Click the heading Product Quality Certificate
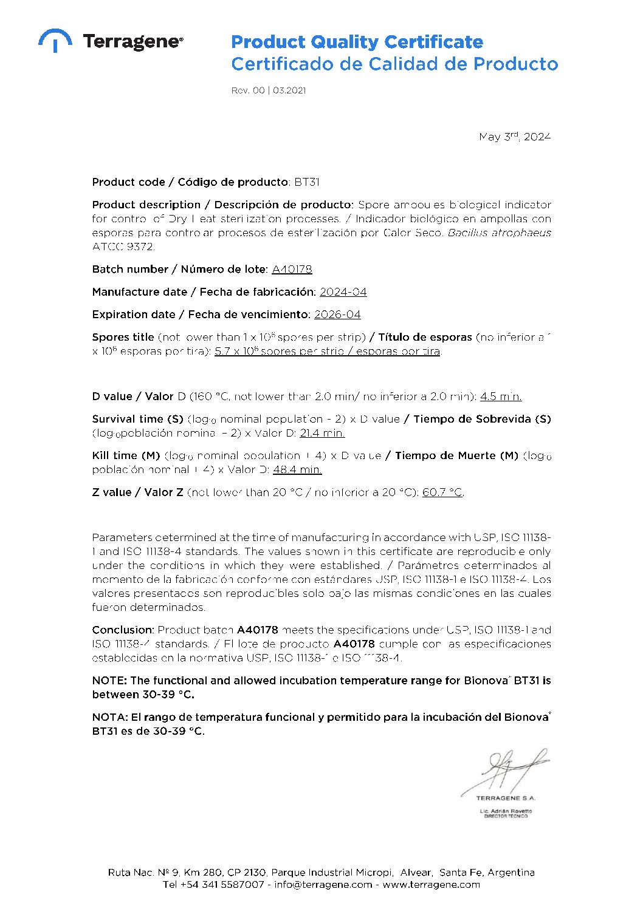point(357,42)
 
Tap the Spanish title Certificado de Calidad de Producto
point(394,64)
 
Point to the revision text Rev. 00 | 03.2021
point(268,90)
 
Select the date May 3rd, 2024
point(514,137)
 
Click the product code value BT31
point(307,182)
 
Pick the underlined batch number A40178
point(292,269)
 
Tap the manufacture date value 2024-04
point(343,292)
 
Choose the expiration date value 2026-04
point(337,315)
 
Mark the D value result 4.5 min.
point(500,397)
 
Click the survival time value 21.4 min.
point(322,433)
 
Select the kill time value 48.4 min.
point(297,469)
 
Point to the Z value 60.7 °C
point(442,492)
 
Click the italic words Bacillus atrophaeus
point(499,233)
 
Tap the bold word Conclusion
point(123,630)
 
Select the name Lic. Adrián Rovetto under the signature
point(506,811)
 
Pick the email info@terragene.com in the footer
point(323,885)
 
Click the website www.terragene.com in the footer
point(431,885)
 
